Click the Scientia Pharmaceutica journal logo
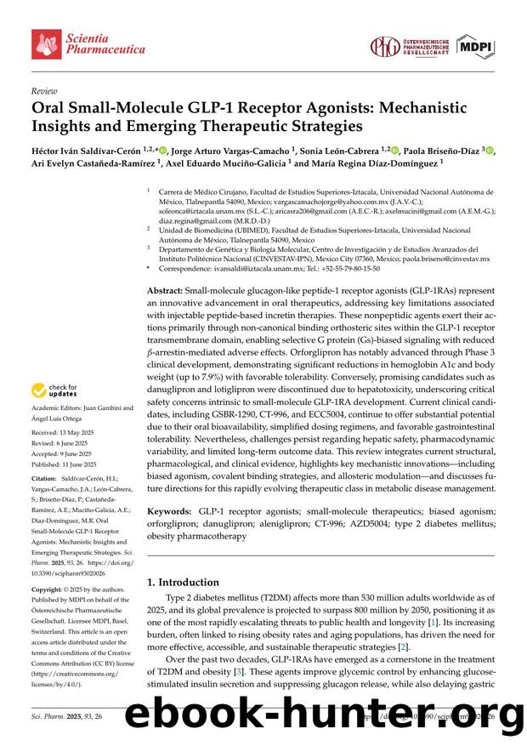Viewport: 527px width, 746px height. pyautogui.click(x=88, y=43)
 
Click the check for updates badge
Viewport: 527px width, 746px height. pyautogui.click(x=54, y=390)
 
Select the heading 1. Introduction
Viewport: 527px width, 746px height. pyautogui.click(x=184, y=582)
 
